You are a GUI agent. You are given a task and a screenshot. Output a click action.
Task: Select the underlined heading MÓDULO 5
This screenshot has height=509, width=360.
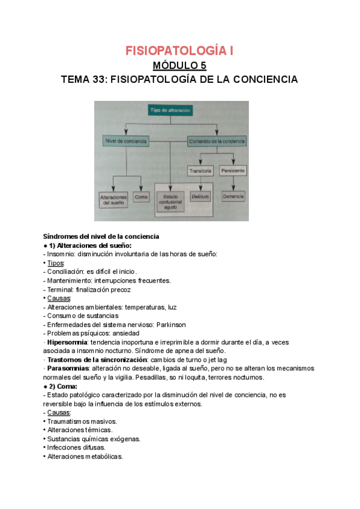pyautogui.click(x=179, y=65)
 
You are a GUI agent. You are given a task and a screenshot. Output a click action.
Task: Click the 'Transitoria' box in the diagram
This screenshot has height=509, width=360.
pyautogui.click(x=200, y=170)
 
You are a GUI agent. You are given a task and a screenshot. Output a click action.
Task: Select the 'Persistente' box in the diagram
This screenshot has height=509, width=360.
pyautogui.click(x=233, y=170)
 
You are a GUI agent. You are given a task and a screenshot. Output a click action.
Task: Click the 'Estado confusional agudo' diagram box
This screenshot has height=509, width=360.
pyautogui.click(x=171, y=202)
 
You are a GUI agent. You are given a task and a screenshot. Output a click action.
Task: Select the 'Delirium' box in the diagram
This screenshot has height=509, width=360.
pyautogui.click(x=199, y=196)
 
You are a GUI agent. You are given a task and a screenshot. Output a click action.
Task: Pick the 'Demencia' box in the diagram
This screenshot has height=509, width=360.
pyautogui.click(x=233, y=196)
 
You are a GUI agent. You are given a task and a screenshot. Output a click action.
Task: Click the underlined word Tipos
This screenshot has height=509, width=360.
pyautogui.click(x=56, y=263)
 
